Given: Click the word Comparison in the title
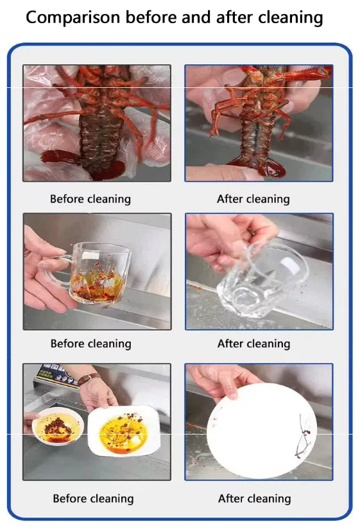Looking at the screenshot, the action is click(73, 17).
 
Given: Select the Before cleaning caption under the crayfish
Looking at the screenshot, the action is click(90, 199).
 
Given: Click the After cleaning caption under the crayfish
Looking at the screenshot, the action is click(253, 199).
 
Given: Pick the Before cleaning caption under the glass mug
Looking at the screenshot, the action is click(90, 344).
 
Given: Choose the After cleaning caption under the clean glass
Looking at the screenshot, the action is click(253, 344).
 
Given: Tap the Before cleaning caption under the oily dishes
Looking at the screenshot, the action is click(93, 498).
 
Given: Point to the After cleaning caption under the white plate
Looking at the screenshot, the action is click(255, 498).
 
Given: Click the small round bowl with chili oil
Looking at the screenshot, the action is click(58, 426).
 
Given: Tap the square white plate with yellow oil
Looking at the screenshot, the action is click(124, 431).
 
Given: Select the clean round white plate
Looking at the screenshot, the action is click(262, 430).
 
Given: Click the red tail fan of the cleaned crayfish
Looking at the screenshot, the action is click(264, 166).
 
